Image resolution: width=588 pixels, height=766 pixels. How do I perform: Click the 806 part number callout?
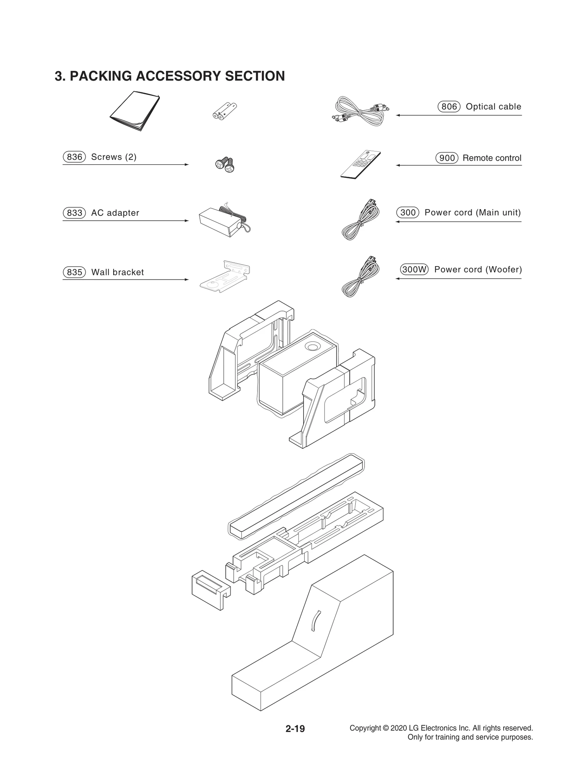click(x=449, y=107)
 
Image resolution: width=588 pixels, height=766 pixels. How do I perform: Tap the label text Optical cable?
click(x=493, y=107)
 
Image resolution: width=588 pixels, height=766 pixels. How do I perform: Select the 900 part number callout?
click(x=447, y=158)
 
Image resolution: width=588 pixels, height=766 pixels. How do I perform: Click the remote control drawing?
click(x=360, y=165)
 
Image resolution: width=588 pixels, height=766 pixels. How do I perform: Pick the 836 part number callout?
click(x=74, y=157)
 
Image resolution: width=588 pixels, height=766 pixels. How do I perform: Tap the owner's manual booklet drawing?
click(x=135, y=111)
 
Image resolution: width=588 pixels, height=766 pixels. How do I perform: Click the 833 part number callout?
click(x=74, y=213)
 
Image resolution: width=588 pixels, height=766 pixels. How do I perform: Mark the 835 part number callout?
click(x=74, y=272)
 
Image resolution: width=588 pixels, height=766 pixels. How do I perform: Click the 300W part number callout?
click(x=414, y=269)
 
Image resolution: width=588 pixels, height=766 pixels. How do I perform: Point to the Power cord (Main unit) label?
click(x=473, y=212)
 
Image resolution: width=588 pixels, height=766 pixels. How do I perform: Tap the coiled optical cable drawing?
click(x=361, y=111)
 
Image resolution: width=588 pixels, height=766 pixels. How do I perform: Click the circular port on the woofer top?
click(x=312, y=347)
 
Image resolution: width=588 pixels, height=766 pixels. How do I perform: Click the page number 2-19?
click(x=295, y=729)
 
